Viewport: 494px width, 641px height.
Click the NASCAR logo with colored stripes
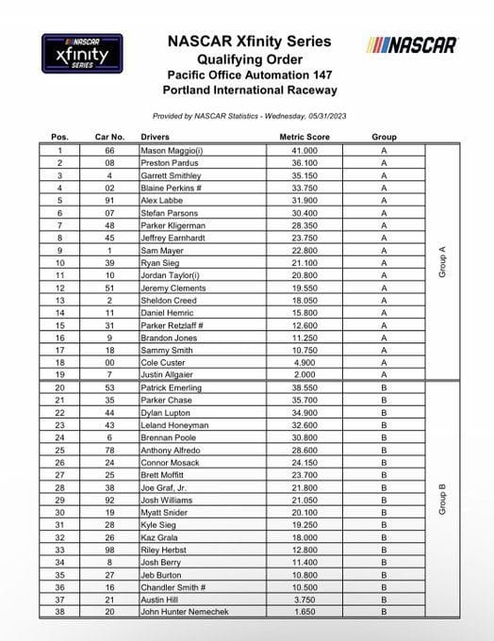tap(413, 44)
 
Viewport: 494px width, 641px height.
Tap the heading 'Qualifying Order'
tap(249, 58)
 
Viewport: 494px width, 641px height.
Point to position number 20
tap(59, 386)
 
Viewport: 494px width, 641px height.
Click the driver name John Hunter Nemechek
tap(187, 610)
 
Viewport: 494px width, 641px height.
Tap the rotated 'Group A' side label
tap(443, 262)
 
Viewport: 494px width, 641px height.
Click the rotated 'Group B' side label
tap(443, 498)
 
